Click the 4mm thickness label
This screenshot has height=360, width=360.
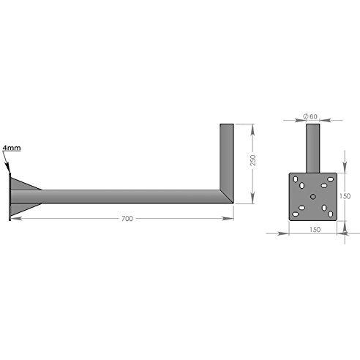[x=12, y=148]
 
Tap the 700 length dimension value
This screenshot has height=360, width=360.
[x=127, y=219]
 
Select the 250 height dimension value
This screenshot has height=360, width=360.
[x=253, y=160]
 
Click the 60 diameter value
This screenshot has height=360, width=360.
[x=313, y=116]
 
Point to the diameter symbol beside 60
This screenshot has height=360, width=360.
[x=306, y=116]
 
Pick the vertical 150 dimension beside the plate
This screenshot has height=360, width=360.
[x=345, y=196]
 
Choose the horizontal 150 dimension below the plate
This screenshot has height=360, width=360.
[x=315, y=230]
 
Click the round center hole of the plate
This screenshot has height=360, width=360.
[x=313, y=197]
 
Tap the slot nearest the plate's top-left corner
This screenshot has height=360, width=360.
[x=296, y=179]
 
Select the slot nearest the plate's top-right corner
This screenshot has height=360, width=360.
[x=330, y=179]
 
